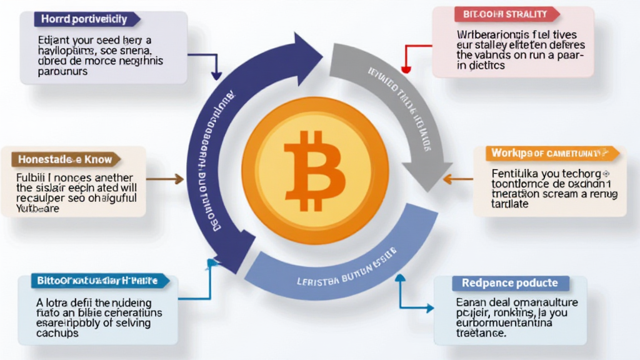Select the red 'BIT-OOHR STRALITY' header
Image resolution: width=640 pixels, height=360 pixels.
pyautogui.click(x=505, y=14)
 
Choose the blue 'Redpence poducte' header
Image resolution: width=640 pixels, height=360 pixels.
pyautogui.click(x=510, y=283)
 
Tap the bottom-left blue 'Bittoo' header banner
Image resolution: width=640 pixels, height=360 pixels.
pyautogui.click(x=100, y=281)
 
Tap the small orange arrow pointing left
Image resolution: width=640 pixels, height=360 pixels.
pyautogui.click(x=449, y=180)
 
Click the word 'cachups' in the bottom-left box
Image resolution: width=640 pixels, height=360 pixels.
pyautogui.click(x=57, y=334)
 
